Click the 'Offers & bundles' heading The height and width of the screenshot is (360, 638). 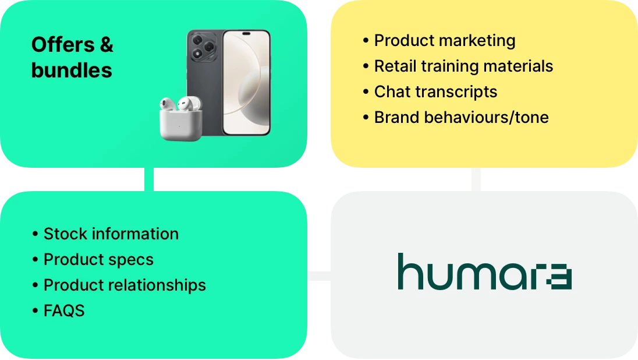click(x=72, y=57)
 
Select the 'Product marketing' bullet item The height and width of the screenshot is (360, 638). click(x=444, y=41)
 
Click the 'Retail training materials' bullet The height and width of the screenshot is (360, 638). click(x=463, y=66)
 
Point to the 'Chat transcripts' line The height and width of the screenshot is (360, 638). click(x=435, y=92)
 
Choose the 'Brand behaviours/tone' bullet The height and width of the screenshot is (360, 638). click(x=461, y=118)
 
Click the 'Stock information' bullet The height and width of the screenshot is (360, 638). click(x=111, y=234)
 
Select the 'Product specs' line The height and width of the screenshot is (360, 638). click(x=98, y=260)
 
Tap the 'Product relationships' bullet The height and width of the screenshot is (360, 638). click(x=125, y=285)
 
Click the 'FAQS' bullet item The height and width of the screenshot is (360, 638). click(x=63, y=311)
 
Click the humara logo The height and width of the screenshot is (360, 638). click(x=484, y=272)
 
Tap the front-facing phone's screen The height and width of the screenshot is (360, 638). click(x=247, y=82)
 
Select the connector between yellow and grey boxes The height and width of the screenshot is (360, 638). click(x=477, y=180)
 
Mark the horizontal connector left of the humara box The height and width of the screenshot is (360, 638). click(x=319, y=277)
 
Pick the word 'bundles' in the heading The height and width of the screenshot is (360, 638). click(x=72, y=70)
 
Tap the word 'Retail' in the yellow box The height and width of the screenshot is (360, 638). click(x=395, y=66)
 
